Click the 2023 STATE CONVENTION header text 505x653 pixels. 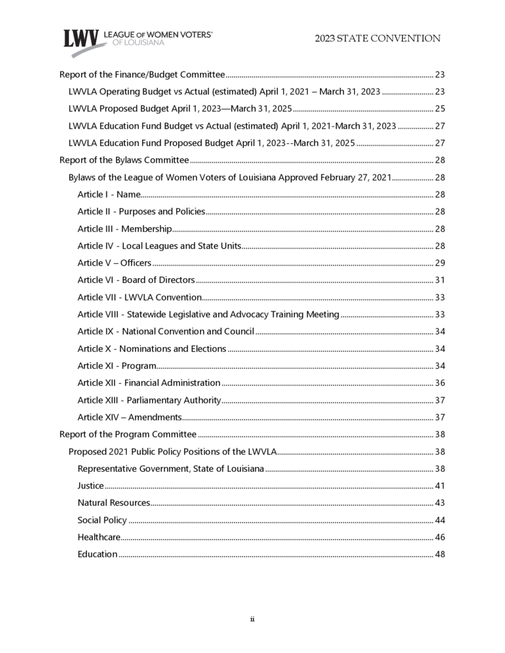pos(377,39)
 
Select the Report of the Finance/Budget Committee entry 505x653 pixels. pos(142,74)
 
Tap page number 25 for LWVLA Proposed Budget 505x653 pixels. pos(440,108)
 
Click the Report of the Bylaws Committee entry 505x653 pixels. pos(124,160)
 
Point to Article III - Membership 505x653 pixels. pos(124,228)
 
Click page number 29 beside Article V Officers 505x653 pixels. pos(440,263)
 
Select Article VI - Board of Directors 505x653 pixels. pos(136,280)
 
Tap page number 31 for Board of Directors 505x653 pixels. pos(440,280)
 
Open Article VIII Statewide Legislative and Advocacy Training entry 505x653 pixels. pos(208,314)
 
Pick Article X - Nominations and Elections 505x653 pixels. pos(151,348)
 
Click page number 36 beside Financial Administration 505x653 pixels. pos(440,383)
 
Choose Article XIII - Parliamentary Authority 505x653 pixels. pos(149,400)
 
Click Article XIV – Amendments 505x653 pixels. pos(129,417)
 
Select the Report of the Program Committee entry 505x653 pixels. pos(128,434)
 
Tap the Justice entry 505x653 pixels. pos(91,486)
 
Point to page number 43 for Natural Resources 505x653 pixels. pos(440,503)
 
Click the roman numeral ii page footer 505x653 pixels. pos(252,619)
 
